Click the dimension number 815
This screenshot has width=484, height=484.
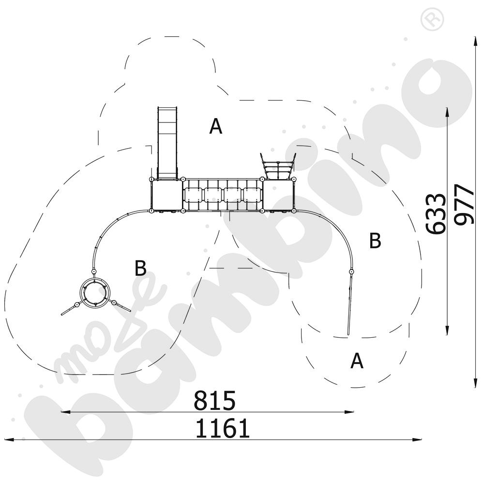pos(214,401)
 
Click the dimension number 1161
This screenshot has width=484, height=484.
pos(223,429)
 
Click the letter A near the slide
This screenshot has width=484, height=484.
pos(215,127)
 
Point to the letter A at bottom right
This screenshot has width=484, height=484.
pos(357,361)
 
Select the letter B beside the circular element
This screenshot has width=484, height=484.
pos(140,269)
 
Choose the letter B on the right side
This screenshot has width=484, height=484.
pos(375,241)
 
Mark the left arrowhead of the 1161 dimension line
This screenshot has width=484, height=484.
pos(7,439)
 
